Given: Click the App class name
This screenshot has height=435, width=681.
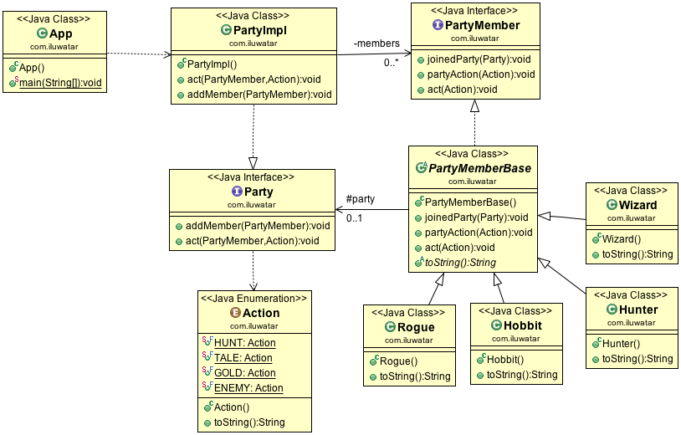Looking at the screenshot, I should (x=62, y=33).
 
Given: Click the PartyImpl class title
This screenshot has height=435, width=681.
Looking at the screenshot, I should (x=260, y=29).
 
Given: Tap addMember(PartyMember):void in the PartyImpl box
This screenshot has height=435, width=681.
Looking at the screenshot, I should (x=254, y=95).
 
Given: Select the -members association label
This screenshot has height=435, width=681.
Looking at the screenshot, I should (x=377, y=43).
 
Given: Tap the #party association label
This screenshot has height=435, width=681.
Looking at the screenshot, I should (x=360, y=199).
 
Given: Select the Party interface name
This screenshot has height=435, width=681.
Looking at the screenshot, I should (x=259, y=192).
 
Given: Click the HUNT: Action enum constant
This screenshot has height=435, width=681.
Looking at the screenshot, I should (x=244, y=343).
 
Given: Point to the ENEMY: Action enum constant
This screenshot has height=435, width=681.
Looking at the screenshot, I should (x=248, y=388).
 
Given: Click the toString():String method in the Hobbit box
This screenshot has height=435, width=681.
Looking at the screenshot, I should (x=521, y=375).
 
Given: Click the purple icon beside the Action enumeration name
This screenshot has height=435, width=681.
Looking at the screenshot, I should (x=235, y=313).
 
